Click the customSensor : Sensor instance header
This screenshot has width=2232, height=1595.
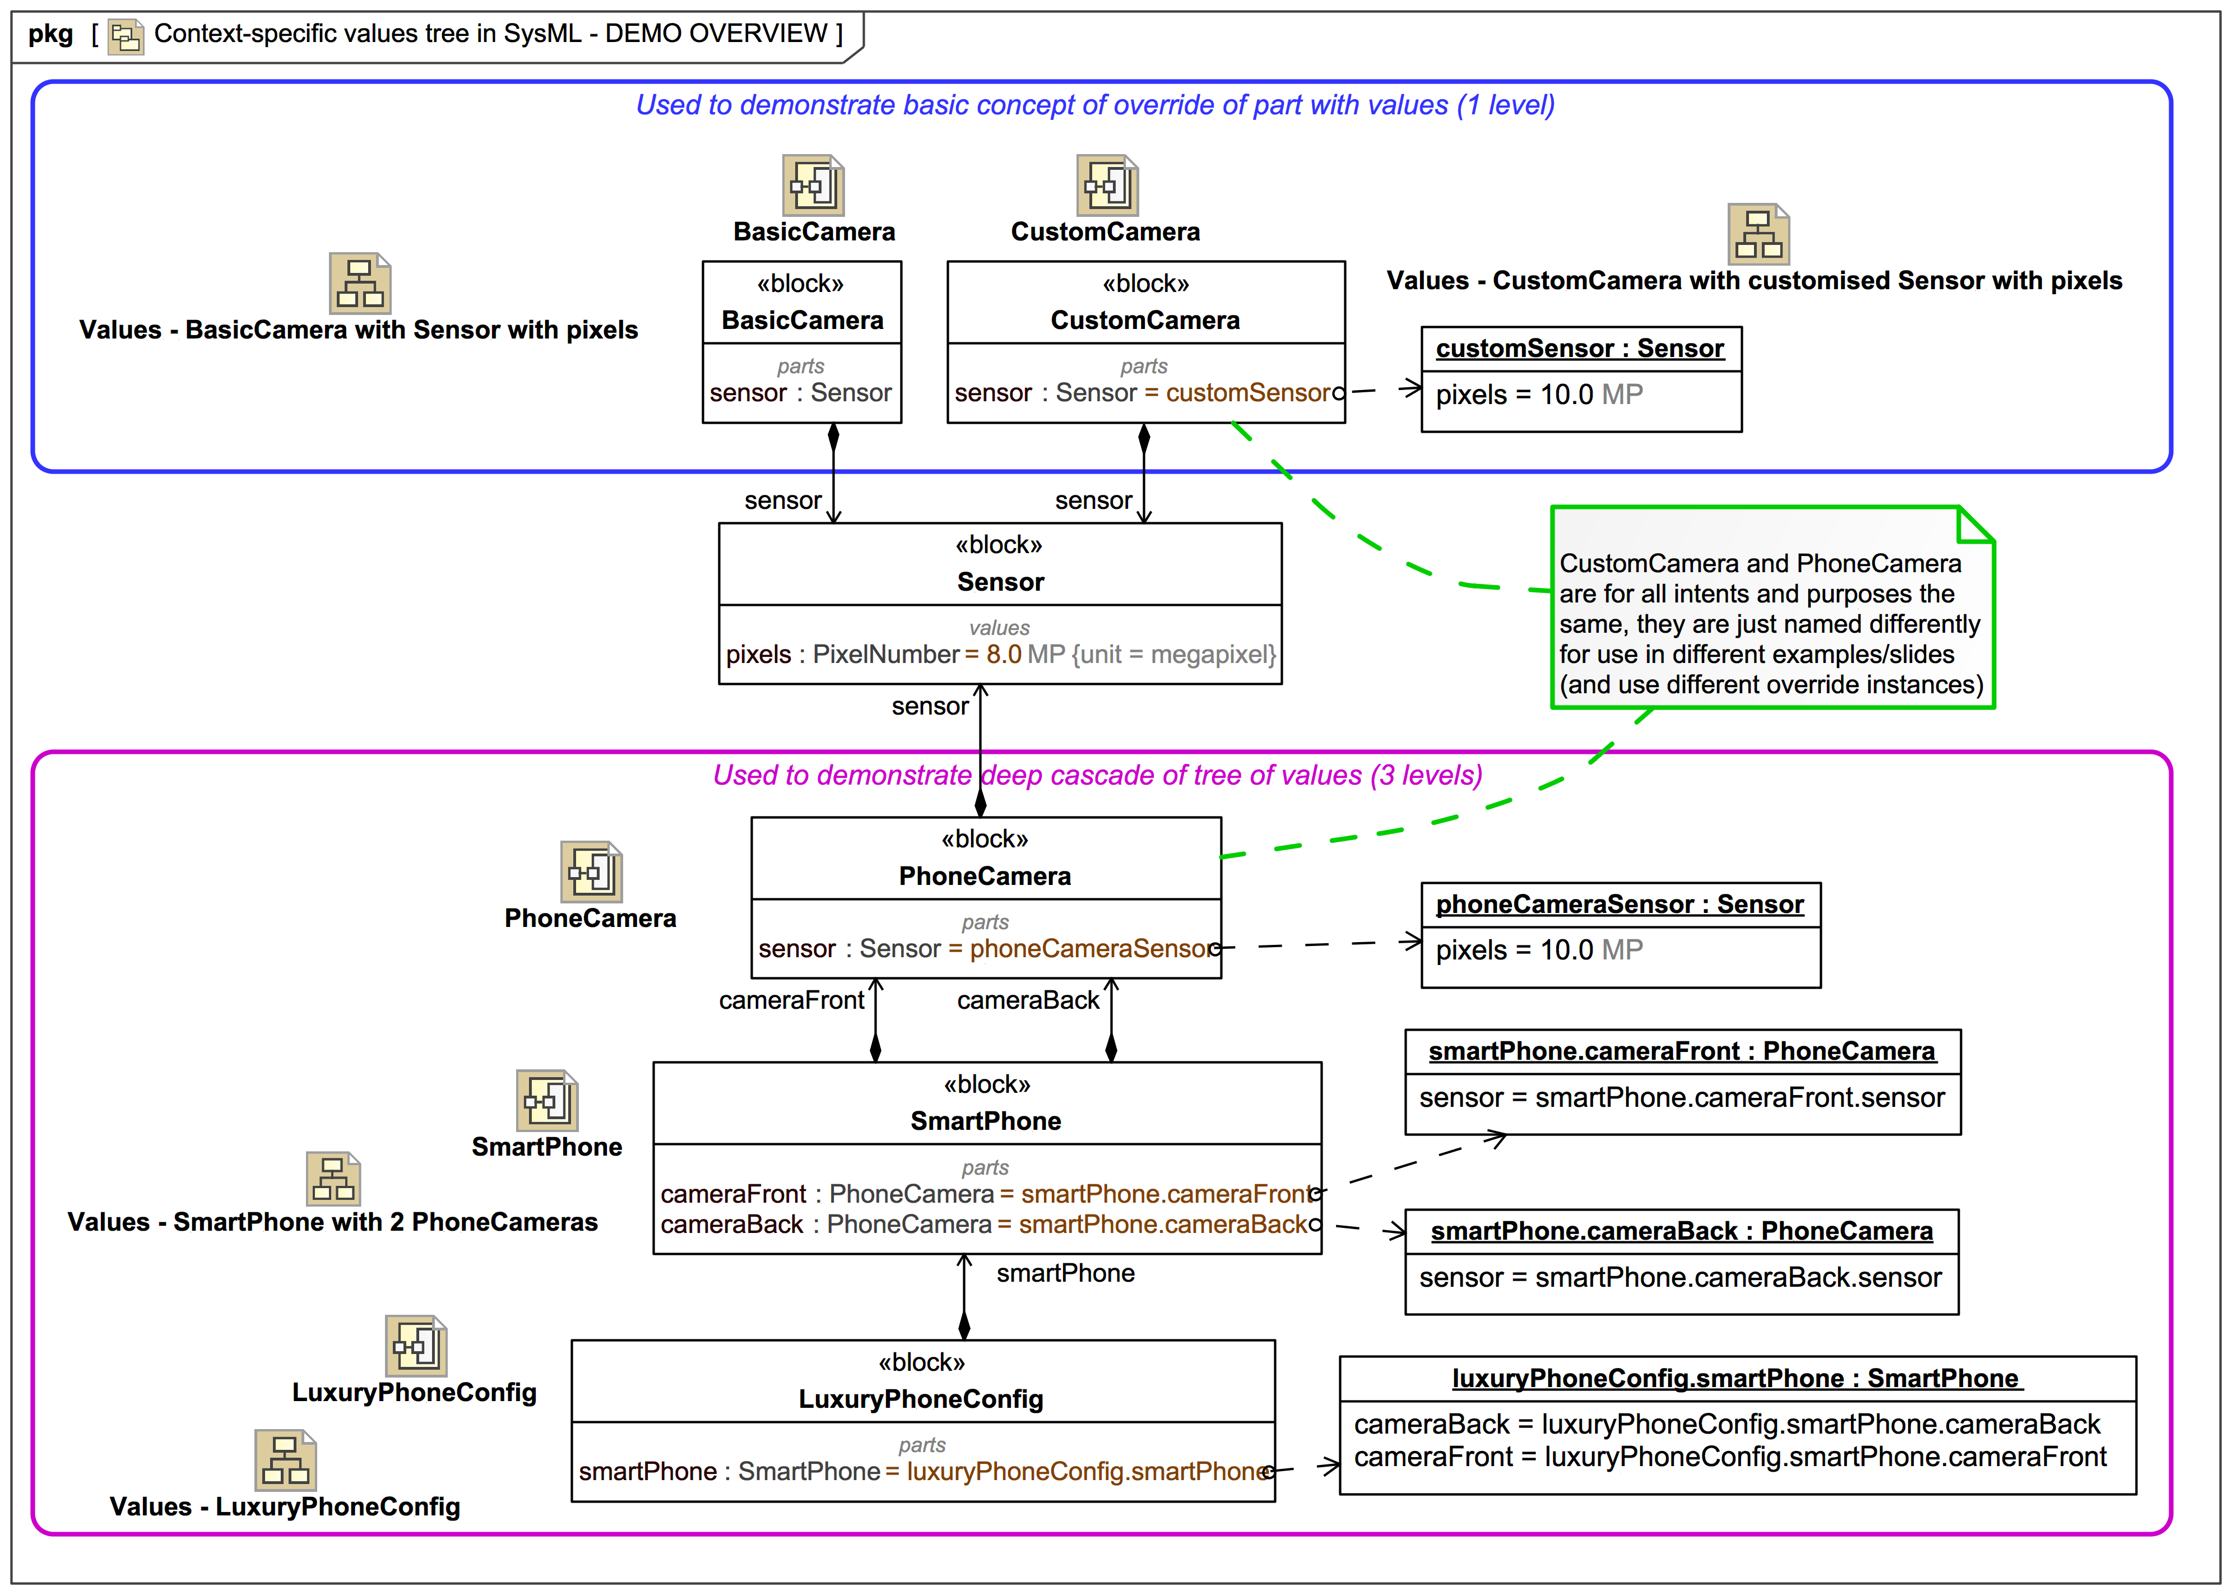coord(1579,349)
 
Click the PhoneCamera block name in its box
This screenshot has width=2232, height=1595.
coord(985,876)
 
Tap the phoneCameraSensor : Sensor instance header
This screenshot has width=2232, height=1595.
coord(1620,905)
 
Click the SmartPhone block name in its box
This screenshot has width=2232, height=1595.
coord(985,1121)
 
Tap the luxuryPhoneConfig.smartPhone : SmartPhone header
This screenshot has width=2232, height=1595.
coord(1734,1378)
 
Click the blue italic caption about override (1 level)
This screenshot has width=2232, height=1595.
coord(1095,105)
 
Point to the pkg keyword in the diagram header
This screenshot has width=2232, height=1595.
coord(50,34)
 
